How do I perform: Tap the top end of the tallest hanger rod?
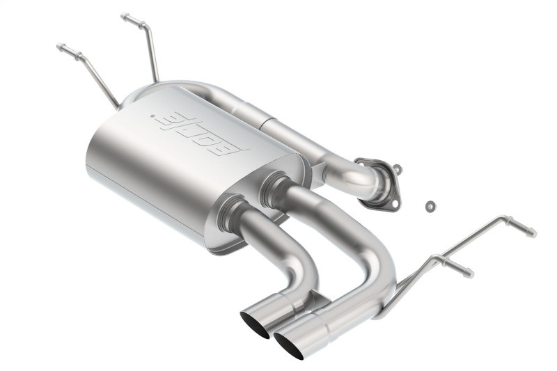pos(124,16)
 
